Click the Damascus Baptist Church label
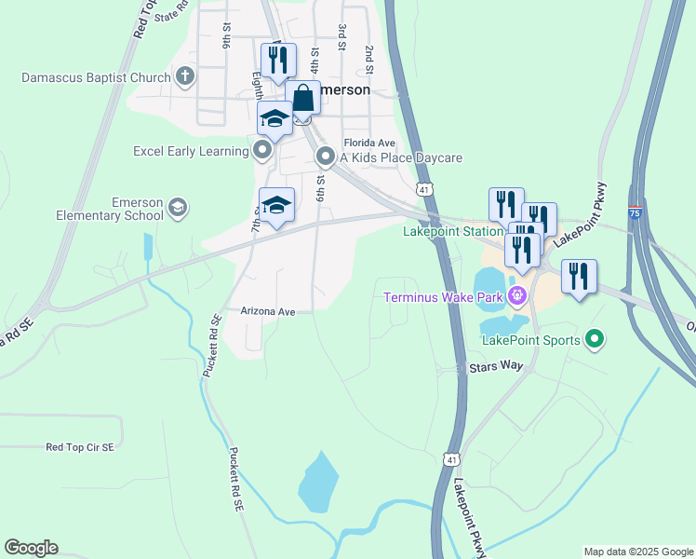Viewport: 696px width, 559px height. [x=96, y=77]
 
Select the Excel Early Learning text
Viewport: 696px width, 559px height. [x=192, y=150]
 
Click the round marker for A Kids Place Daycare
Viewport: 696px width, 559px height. [x=325, y=157]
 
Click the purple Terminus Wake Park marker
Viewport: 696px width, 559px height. [x=517, y=298]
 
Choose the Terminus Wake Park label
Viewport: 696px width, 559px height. [x=443, y=298]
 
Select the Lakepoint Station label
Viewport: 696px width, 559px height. [x=452, y=231]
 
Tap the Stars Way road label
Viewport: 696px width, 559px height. [x=496, y=368]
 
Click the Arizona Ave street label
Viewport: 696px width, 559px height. [x=267, y=311]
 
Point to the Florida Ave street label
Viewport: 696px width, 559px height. [x=369, y=143]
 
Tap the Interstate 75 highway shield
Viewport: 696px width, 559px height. [x=635, y=212]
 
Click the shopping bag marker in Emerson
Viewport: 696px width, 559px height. [x=303, y=99]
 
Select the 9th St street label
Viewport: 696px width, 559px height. [x=226, y=37]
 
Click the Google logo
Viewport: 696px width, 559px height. [x=31, y=548]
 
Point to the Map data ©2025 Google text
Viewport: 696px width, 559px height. [x=637, y=552]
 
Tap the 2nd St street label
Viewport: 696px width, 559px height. [x=369, y=60]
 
